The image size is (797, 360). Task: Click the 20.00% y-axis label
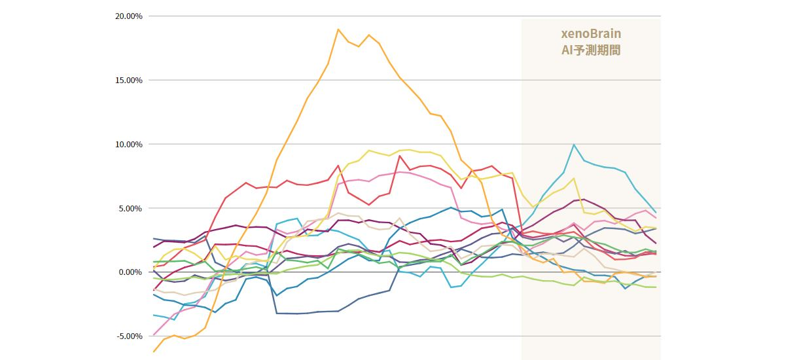point(128,16)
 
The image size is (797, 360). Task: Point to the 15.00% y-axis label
point(128,80)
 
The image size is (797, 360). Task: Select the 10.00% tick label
point(128,144)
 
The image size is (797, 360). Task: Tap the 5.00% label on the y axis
point(130,208)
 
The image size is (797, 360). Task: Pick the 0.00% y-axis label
point(130,272)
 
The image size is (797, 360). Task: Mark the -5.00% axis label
point(129,336)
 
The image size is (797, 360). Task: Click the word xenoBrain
point(591,33)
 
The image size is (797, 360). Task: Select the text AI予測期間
point(591,50)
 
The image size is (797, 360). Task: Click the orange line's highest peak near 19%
point(338,29)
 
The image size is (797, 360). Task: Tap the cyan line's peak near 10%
point(574,145)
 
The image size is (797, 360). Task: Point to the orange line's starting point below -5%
point(154,351)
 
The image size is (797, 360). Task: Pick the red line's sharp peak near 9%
point(399,155)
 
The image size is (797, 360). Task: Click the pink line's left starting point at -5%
point(154,335)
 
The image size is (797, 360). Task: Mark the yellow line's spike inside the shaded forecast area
point(574,178)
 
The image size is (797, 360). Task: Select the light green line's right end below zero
point(655,287)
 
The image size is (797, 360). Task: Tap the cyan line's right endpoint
point(655,211)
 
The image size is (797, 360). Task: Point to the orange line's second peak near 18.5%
point(369,35)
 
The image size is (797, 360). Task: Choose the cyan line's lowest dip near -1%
point(452,287)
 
